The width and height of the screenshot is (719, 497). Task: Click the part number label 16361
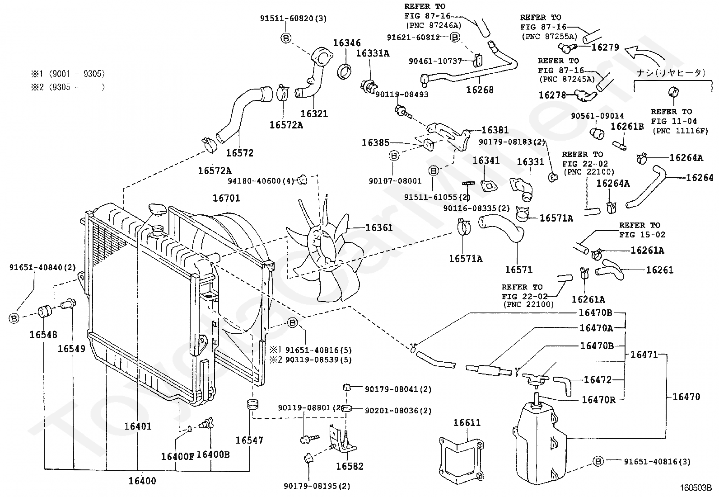[379, 227]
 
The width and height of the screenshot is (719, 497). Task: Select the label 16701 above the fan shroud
[226, 198]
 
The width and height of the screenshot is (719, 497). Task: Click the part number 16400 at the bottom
[142, 481]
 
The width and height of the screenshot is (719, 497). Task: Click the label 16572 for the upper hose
[239, 153]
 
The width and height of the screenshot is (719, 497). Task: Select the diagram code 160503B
[696, 488]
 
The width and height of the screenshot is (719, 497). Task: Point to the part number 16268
[480, 90]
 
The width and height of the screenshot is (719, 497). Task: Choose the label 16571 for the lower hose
[519, 270]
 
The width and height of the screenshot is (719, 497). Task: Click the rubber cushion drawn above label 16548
[45, 312]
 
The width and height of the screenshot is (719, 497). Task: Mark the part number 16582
[350, 466]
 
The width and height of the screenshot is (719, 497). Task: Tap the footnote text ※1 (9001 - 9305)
[68, 74]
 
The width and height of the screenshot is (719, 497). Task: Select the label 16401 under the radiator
[138, 426]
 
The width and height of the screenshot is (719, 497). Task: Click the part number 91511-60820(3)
[294, 19]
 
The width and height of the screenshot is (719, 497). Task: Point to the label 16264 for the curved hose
[700, 177]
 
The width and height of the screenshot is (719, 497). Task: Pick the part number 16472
[598, 380]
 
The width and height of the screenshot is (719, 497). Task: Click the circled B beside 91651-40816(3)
[598, 461]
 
